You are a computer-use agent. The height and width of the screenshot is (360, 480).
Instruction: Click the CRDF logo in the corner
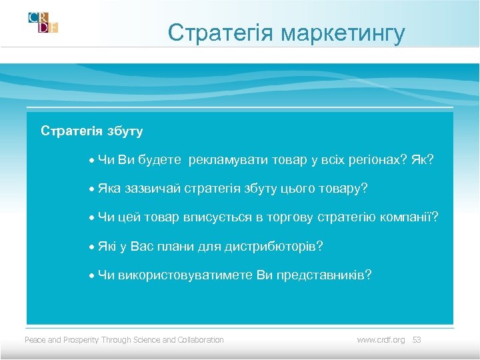click(x=43, y=23)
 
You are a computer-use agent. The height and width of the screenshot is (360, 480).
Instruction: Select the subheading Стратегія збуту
click(x=91, y=131)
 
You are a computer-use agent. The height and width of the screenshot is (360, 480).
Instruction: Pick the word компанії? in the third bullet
click(x=412, y=217)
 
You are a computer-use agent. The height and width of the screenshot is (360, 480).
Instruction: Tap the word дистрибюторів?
click(x=272, y=247)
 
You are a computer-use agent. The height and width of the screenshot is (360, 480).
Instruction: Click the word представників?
click(x=325, y=275)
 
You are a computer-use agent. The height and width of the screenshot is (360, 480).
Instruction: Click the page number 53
click(x=417, y=340)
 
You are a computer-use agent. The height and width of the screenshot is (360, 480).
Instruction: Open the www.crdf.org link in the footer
click(x=381, y=340)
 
